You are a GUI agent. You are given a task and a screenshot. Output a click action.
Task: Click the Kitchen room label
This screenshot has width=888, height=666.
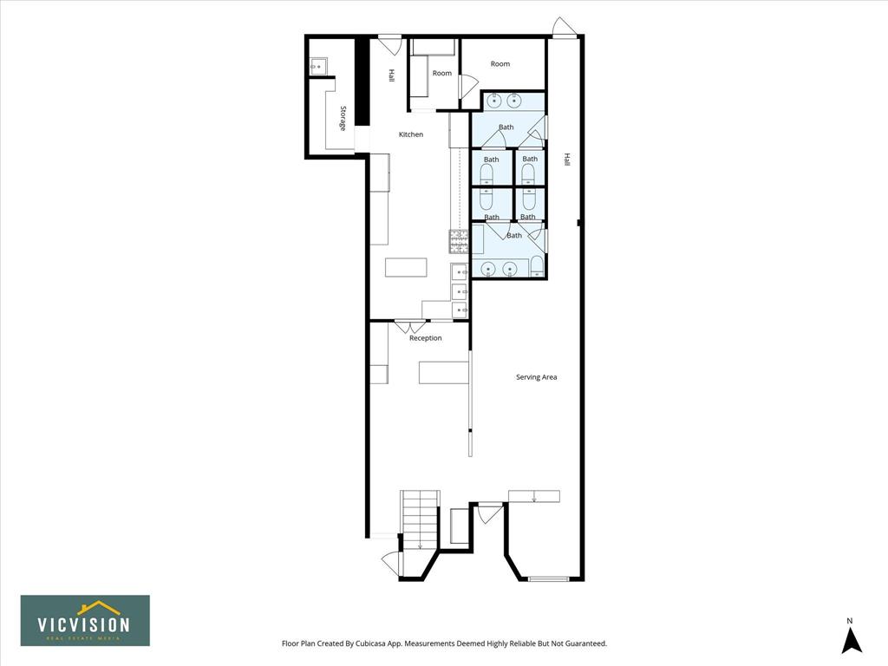click(x=411, y=134)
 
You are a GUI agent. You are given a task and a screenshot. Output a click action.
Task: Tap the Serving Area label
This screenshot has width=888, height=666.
click(x=536, y=377)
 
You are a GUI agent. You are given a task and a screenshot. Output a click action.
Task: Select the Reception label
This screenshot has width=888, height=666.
click(x=425, y=338)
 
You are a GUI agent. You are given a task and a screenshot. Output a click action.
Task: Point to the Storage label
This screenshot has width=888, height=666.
click(x=343, y=118)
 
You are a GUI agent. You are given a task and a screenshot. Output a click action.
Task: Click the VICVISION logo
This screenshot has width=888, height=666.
click(x=86, y=620)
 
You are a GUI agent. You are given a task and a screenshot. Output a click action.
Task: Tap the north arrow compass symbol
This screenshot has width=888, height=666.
click(x=851, y=637)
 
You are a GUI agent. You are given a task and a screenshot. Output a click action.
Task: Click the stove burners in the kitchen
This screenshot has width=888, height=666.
click(x=459, y=242)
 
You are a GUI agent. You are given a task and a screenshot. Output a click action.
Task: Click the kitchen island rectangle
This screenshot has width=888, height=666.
click(x=406, y=267)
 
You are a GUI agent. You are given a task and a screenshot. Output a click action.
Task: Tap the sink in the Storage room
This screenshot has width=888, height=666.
click(x=317, y=66)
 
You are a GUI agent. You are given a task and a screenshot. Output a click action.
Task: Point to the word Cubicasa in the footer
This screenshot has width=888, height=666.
click(x=371, y=643)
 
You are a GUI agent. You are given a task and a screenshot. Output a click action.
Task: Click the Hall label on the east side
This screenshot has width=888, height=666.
click(x=566, y=160)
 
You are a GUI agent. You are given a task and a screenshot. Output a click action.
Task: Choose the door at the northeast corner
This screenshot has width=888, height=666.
click(x=564, y=28)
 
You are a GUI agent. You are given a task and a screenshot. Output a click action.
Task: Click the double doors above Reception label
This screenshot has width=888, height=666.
click(x=410, y=327)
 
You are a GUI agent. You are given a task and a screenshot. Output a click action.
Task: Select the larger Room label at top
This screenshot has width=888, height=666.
click(x=500, y=64)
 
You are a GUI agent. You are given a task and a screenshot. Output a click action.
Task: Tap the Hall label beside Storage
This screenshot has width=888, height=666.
click(x=391, y=76)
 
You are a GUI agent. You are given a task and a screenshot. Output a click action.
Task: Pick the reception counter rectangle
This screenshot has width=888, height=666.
click(x=444, y=373)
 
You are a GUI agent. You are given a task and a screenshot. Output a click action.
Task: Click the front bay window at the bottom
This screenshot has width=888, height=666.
click(x=548, y=578)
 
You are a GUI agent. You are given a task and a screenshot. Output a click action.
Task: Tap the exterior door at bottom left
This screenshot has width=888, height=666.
click(x=391, y=564)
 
